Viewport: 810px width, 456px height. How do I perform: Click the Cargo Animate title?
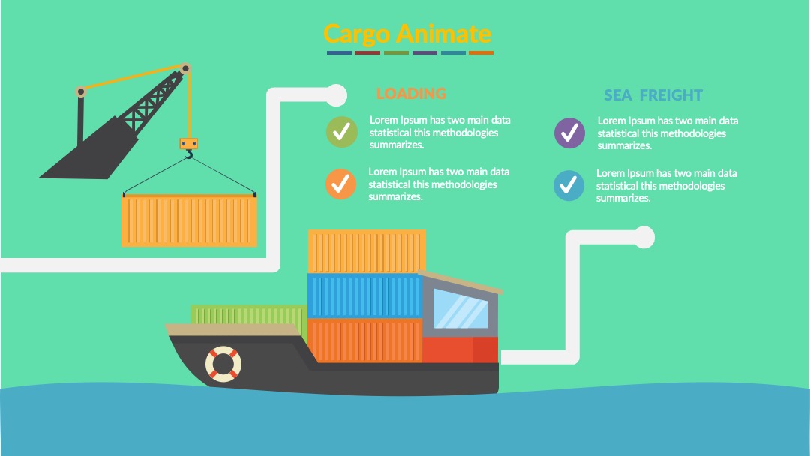point(407,34)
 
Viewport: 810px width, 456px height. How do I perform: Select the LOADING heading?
point(411,94)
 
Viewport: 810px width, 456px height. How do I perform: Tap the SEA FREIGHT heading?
point(653,95)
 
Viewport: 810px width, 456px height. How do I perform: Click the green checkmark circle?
point(341,132)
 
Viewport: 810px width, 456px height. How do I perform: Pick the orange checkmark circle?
point(340,184)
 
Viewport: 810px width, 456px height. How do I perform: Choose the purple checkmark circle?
point(569,133)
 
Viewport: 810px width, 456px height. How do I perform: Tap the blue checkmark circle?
point(568,186)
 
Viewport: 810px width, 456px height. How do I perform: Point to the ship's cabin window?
point(460,309)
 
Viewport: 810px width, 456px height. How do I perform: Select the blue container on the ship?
point(364,295)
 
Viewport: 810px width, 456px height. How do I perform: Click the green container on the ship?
point(249,314)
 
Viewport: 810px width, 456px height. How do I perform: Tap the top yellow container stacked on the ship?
point(367,251)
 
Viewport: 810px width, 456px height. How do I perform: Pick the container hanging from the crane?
point(189,220)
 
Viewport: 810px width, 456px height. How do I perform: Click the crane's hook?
point(189,154)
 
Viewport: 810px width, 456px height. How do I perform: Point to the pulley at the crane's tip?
point(185,68)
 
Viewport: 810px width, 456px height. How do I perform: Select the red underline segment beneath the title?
point(367,52)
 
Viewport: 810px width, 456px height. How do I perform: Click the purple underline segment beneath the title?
point(424,52)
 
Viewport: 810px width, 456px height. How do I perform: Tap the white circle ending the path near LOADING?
point(336,95)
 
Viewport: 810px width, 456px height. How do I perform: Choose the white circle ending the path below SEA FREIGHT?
point(643,237)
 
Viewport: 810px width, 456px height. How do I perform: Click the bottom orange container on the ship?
point(364,340)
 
